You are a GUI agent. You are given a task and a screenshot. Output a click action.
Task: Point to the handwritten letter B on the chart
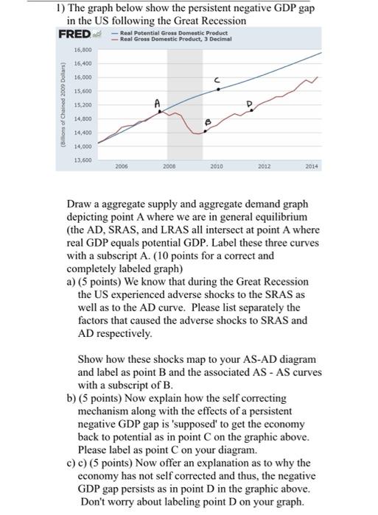207,122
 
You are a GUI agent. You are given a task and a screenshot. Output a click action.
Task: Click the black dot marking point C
217,89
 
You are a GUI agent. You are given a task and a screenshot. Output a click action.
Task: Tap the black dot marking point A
161,112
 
